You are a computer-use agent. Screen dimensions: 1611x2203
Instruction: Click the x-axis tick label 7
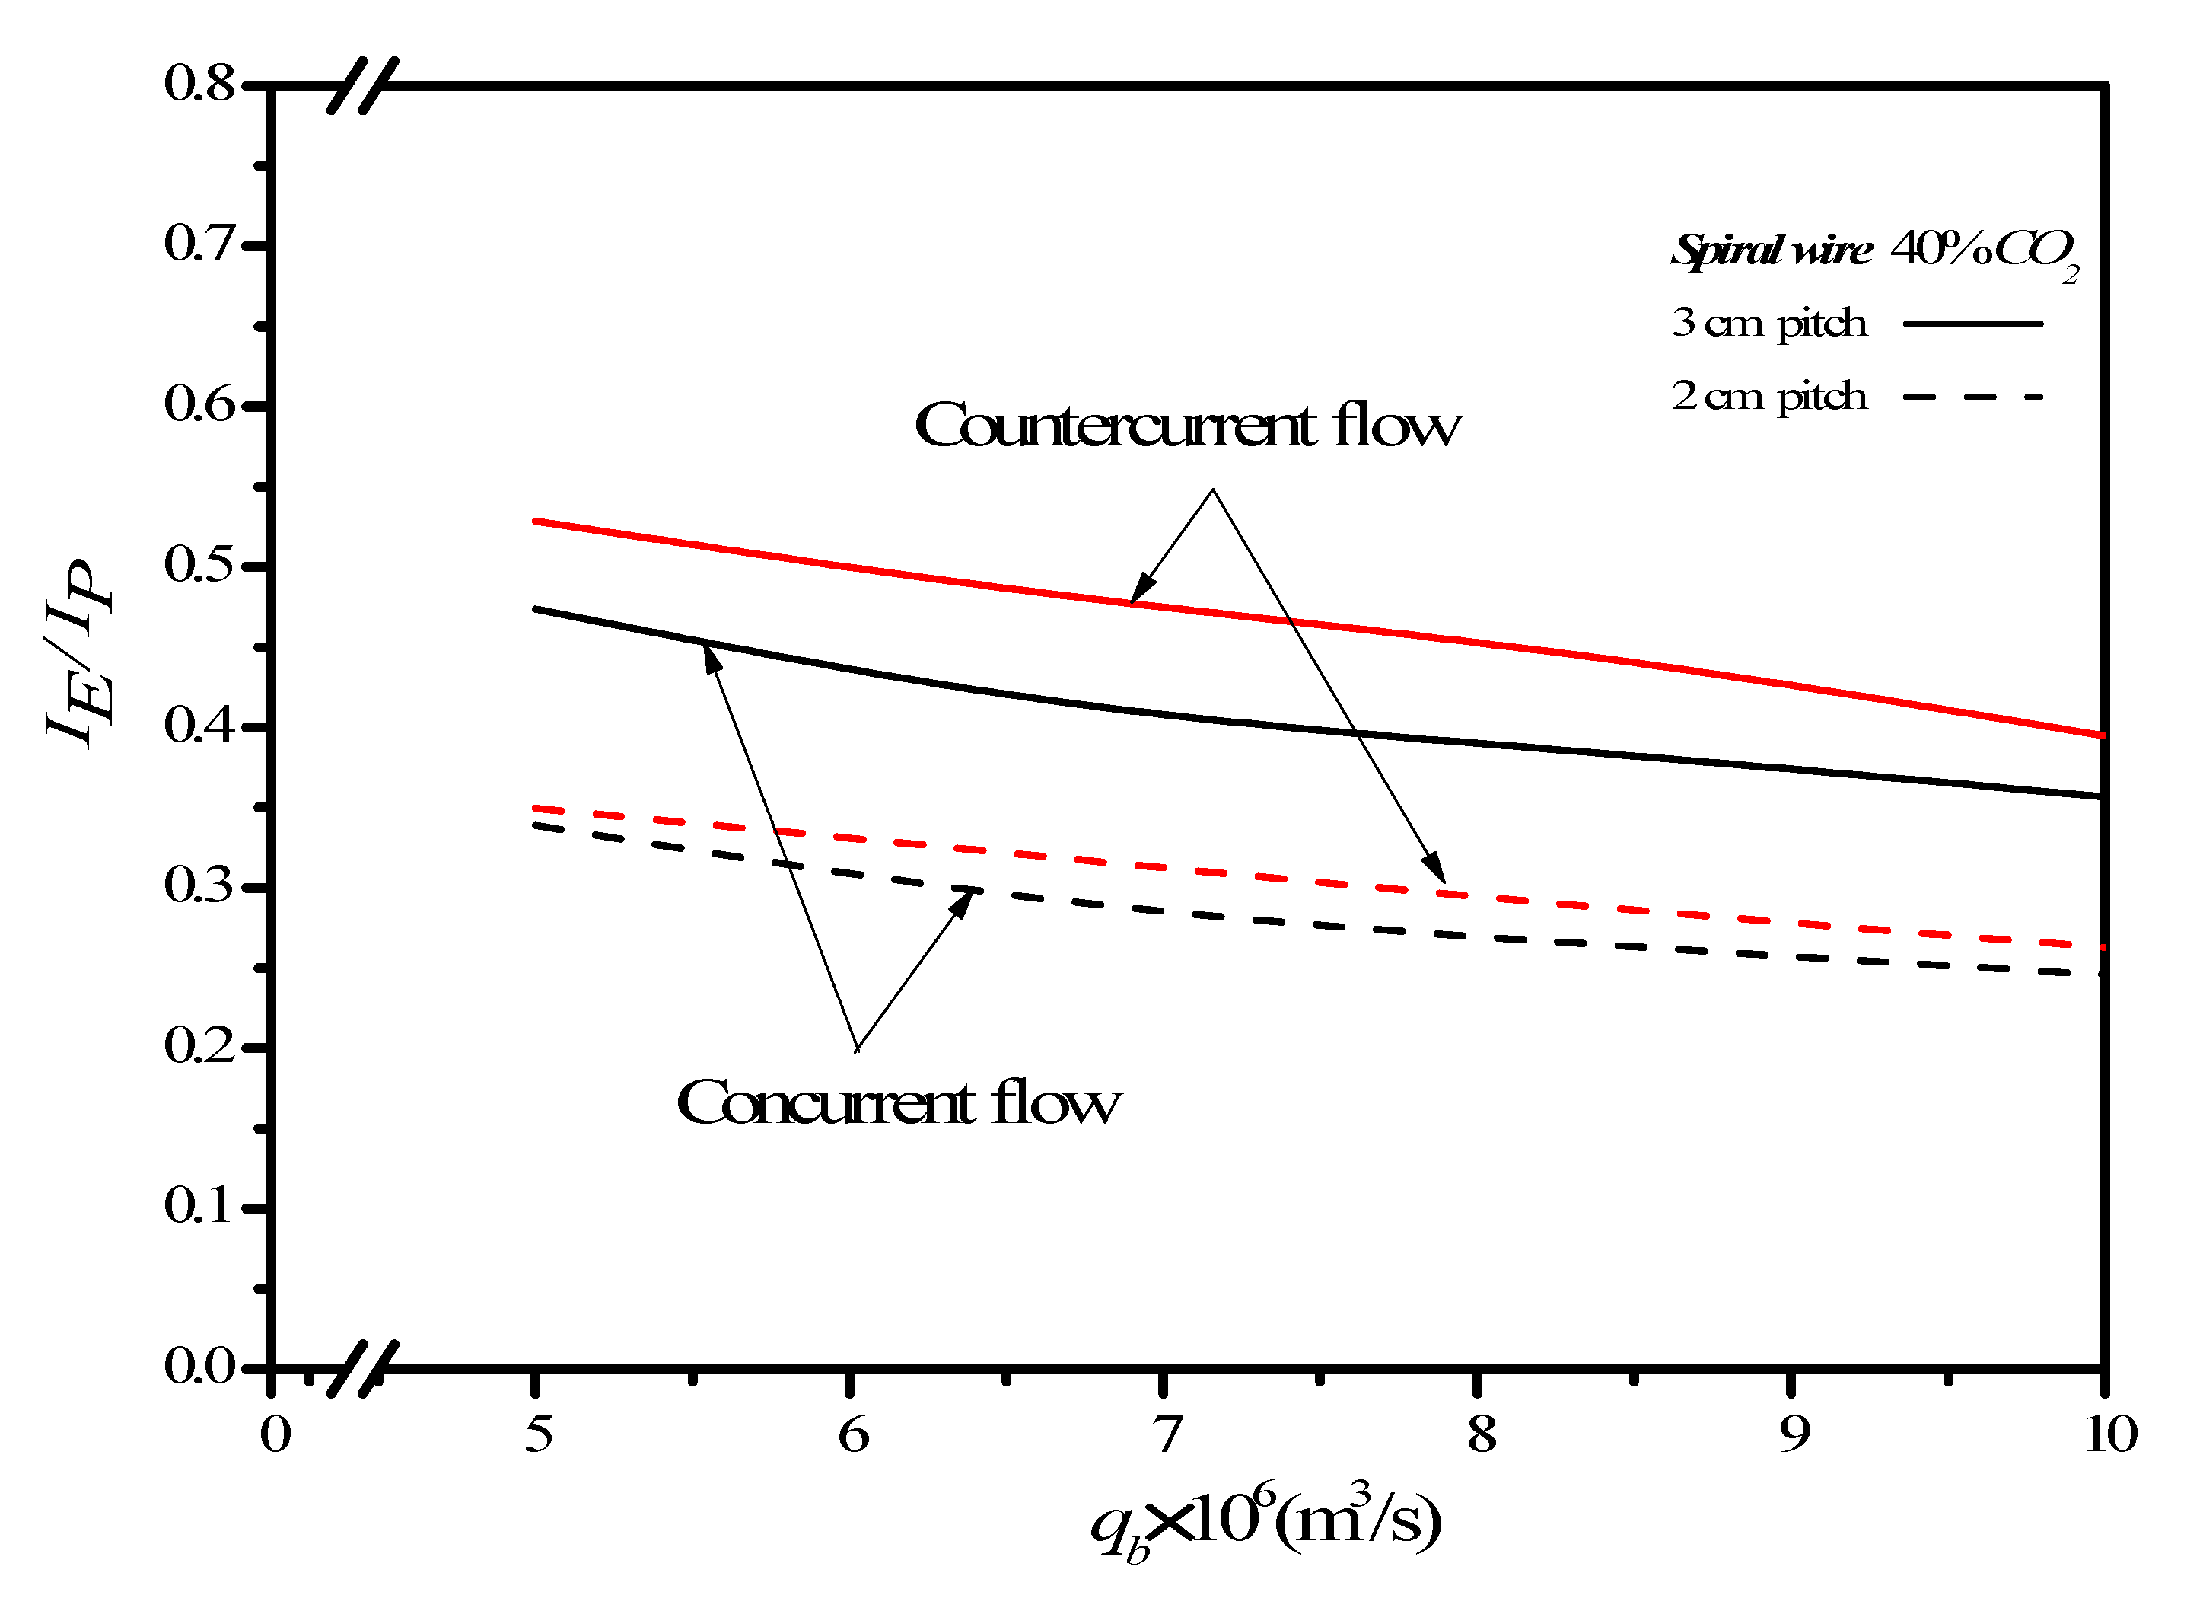1166,1434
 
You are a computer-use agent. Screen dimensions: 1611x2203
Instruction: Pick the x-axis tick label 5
538,1434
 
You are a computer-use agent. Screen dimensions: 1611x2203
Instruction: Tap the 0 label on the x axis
275,1434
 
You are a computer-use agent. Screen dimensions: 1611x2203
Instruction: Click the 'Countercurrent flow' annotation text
1187,426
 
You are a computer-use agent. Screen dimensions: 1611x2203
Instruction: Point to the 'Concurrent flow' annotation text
898,1104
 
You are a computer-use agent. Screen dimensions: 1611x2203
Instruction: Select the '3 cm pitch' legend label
1768,323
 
